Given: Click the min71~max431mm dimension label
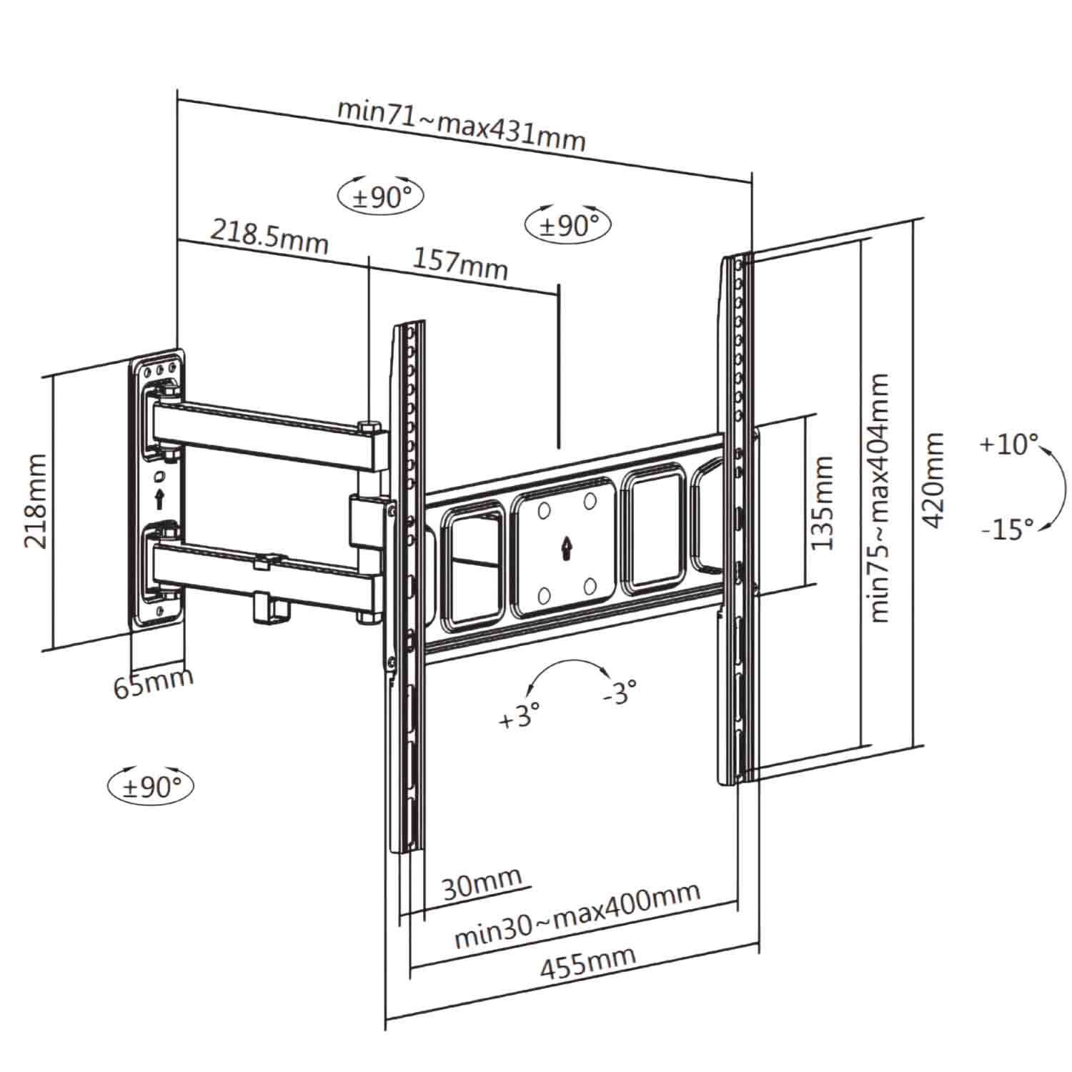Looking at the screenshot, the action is [x=461, y=125].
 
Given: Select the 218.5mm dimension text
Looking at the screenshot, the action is [x=269, y=235].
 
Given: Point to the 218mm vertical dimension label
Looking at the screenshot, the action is [x=36, y=500].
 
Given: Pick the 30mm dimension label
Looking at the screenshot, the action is [x=482, y=885].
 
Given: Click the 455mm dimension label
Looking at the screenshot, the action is [x=587, y=964].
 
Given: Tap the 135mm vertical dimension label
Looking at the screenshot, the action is [x=823, y=503].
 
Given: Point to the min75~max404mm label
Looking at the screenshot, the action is [x=879, y=497].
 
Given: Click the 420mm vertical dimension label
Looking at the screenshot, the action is [x=933, y=480].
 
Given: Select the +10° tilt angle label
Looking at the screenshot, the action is [x=1008, y=444].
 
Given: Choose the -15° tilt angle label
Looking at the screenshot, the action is [x=1007, y=530].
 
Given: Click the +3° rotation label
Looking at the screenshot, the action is [x=520, y=715].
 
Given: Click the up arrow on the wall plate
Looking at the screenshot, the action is [x=159, y=498].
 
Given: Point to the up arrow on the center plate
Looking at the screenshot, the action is [x=567, y=548].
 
